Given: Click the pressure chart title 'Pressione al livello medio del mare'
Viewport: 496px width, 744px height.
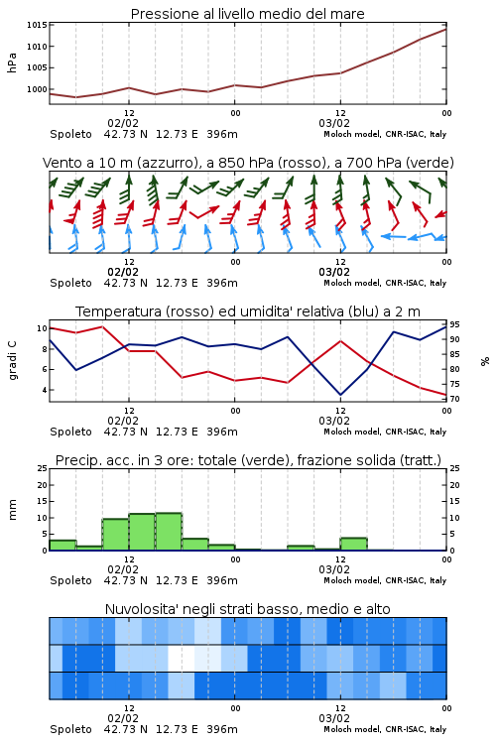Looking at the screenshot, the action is point(248,14).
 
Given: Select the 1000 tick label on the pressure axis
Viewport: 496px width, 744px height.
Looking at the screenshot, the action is point(37,89).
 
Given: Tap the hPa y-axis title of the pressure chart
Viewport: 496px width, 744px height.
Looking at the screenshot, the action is point(12,62).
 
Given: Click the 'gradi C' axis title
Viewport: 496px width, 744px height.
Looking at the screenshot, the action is point(13,360).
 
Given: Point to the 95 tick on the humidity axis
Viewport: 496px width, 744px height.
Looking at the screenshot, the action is point(454,324).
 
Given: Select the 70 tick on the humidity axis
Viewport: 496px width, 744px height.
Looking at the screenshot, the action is point(454,399).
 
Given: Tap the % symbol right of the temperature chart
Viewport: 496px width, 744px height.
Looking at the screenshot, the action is point(485,361).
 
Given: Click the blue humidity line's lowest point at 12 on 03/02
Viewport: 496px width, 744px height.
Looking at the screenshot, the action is point(340,395).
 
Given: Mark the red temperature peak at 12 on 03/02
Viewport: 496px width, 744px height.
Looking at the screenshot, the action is point(340,340).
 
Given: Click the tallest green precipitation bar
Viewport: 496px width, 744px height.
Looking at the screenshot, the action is point(169,532).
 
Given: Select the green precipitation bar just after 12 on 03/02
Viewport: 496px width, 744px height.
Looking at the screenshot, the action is point(353,544).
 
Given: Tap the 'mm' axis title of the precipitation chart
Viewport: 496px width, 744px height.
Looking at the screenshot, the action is point(12,509).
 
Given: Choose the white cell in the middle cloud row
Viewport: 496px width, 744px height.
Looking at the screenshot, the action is point(182,658).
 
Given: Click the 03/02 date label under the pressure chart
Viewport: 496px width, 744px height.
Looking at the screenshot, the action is point(334,123).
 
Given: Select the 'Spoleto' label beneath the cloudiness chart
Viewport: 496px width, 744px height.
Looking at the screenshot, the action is point(70,729).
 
